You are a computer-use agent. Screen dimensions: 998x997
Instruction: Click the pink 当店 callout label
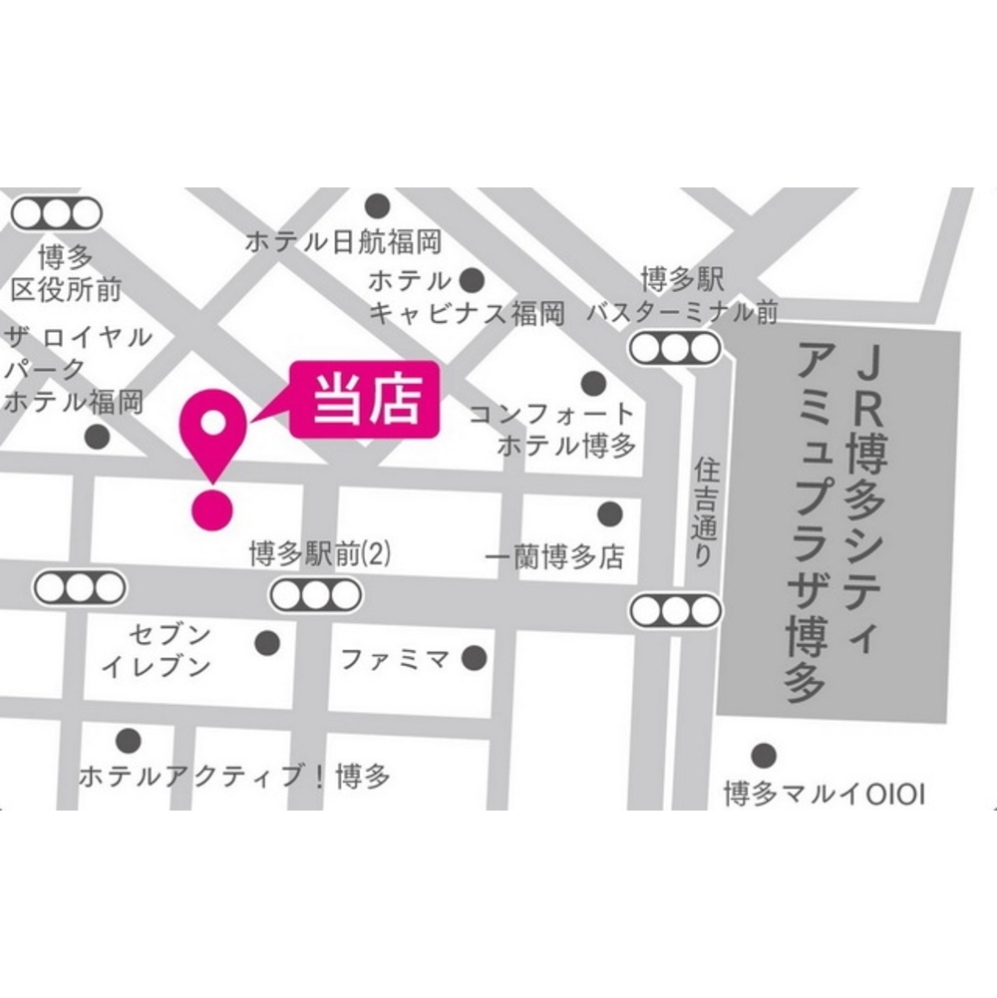tap(365, 402)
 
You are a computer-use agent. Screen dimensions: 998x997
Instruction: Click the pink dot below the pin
tap(212, 509)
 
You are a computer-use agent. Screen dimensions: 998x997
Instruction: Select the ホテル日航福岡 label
tap(343, 241)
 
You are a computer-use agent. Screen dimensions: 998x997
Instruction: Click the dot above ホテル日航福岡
tap(377, 206)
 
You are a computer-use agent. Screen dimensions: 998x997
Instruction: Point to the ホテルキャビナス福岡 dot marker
tap(472, 279)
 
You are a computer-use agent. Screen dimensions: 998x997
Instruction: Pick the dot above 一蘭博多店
tap(609, 514)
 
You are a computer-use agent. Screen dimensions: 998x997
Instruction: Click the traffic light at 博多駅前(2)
tap(315, 595)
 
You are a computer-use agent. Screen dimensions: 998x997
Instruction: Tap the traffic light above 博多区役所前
tap(57, 212)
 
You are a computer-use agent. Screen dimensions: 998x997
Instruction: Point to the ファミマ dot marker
tap(475, 658)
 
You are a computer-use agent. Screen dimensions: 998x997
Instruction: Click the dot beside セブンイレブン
tap(267, 643)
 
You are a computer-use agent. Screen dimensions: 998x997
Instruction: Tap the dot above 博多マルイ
tap(764, 755)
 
